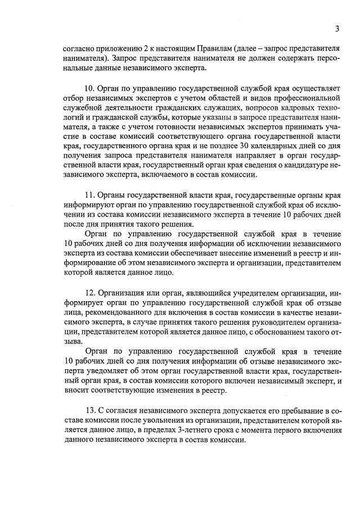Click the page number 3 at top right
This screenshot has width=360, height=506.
pos(336,29)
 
